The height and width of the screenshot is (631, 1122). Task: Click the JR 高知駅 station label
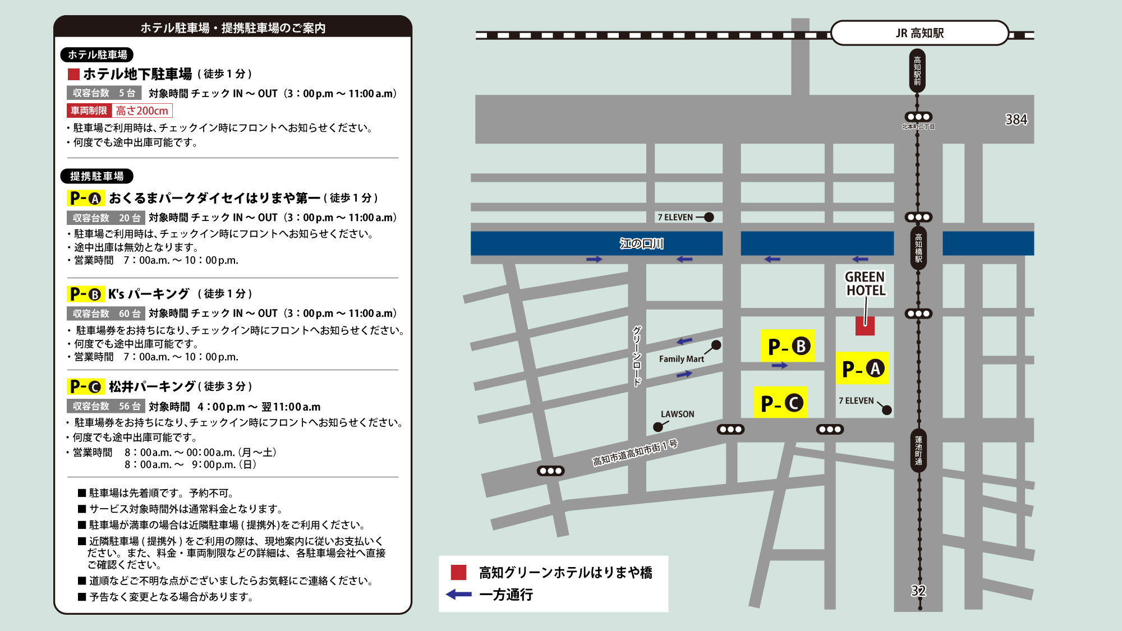[919, 33]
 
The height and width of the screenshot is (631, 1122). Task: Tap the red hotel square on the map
[865, 326]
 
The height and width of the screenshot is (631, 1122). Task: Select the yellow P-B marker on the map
[788, 346]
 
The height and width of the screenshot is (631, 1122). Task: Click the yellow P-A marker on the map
[862, 369]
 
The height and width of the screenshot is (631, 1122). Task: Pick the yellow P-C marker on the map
[780, 403]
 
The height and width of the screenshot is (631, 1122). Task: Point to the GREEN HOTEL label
[865, 284]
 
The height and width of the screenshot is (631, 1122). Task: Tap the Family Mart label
[681, 359]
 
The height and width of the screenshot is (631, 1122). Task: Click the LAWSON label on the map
[677, 414]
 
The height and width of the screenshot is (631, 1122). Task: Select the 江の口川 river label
[641, 243]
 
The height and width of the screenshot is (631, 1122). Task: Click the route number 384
[1016, 119]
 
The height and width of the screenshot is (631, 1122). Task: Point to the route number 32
[918, 591]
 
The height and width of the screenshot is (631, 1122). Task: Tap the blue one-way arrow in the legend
[459, 595]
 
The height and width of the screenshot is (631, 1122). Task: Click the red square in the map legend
[458, 572]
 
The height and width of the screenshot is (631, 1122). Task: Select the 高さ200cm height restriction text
[142, 111]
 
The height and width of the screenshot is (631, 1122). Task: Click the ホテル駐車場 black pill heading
[97, 55]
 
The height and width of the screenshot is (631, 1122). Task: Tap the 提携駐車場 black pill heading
[96, 176]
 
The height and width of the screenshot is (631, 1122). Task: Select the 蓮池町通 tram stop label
[918, 450]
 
